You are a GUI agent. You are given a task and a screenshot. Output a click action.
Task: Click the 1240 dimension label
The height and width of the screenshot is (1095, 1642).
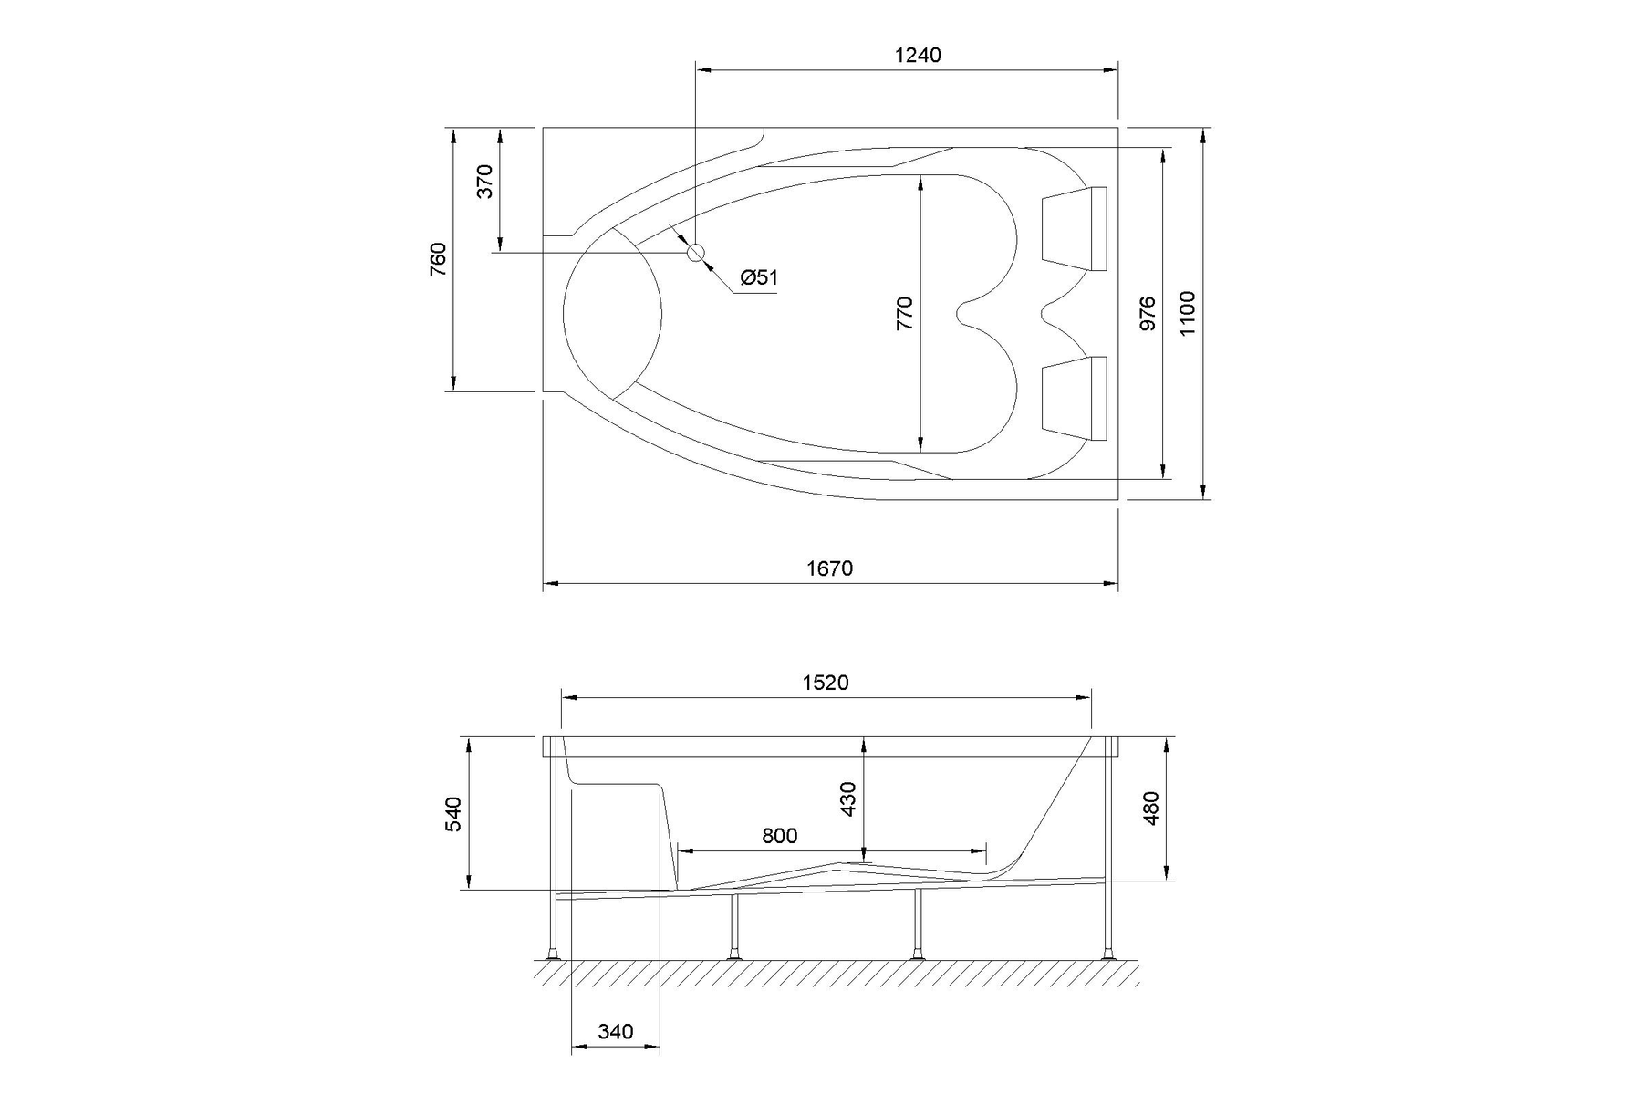[918, 55]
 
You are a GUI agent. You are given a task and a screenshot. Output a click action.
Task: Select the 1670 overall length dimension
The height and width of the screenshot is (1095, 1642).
[829, 568]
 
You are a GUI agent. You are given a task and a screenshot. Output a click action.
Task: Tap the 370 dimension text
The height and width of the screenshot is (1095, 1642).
[484, 181]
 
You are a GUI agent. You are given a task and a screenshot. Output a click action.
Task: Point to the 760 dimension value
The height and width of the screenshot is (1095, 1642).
[439, 260]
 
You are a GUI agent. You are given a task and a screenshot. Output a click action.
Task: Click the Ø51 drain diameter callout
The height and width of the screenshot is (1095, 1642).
[759, 277]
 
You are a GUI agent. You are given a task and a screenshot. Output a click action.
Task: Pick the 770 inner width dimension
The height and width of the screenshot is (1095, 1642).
[904, 313]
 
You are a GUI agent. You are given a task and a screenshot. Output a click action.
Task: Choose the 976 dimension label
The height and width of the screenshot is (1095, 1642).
[1148, 313]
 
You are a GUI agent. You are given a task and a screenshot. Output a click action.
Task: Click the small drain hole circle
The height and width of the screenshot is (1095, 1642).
[696, 252]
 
